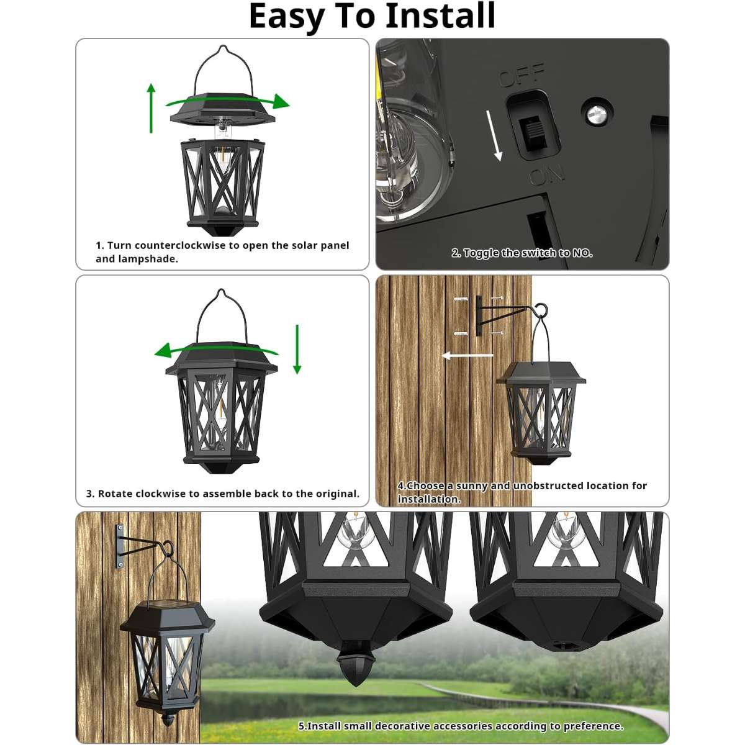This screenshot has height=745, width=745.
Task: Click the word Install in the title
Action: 441,16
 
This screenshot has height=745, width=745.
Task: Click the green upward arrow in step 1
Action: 151,108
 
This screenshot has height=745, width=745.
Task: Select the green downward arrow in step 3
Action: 297,349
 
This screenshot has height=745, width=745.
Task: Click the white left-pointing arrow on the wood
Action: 467,355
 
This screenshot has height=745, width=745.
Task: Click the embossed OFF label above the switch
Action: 521,75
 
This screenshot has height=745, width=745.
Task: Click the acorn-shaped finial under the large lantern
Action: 356,663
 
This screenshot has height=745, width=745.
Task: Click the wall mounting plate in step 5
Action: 120,546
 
